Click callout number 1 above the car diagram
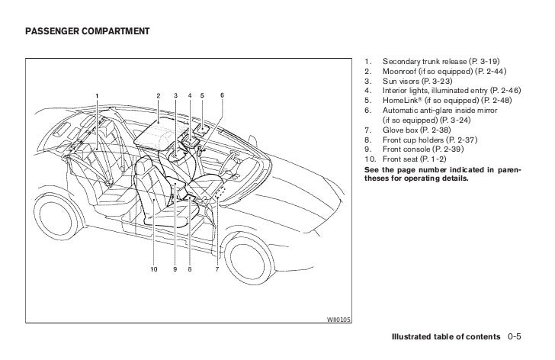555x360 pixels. (97, 95)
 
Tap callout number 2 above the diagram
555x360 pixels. (159, 95)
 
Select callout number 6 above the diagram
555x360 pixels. (222, 95)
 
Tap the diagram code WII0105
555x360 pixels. (339, 320)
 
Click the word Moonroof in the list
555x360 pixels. (400, 69)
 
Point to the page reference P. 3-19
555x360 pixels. (475, 59)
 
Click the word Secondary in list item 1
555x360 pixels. (401, 59)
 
